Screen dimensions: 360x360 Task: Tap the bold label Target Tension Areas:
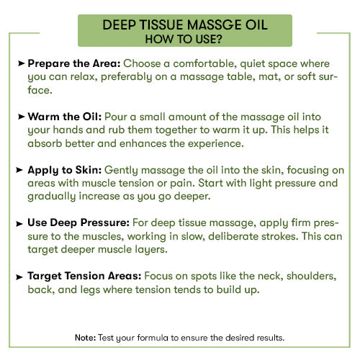(x=84, y=276)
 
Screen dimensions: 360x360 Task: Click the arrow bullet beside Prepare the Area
(x=21, y=63)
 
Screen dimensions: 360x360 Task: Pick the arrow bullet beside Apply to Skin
(x=21, y=170)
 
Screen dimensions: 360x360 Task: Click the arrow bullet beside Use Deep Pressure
(x=21, y=223)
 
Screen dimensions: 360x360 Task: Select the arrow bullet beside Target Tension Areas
(x=21, y=276)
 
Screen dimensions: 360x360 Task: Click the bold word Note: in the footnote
(x=85, y=337)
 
